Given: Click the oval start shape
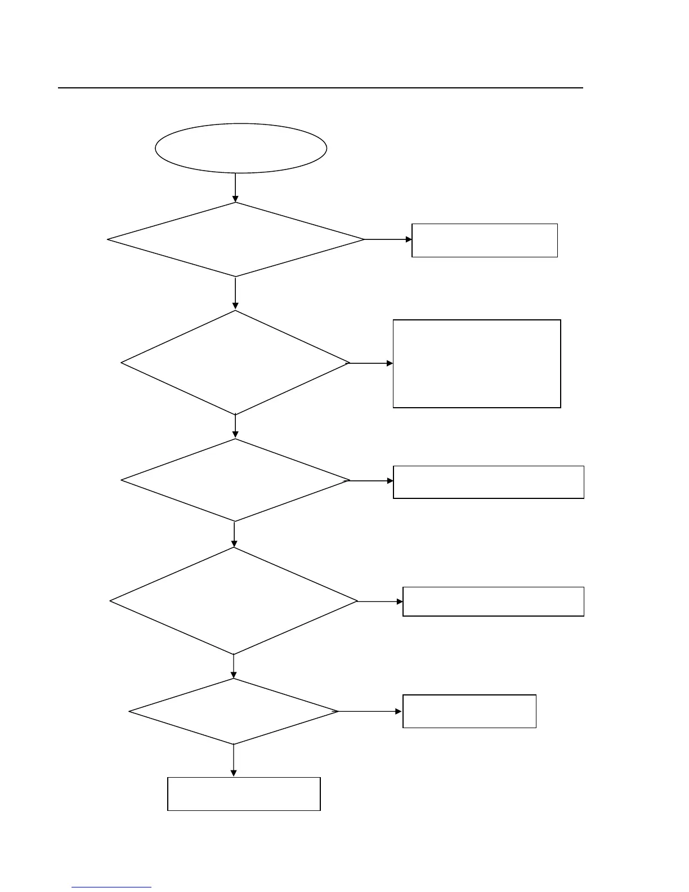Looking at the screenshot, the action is tap(241, 148).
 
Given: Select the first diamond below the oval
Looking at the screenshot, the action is tap(235, 240).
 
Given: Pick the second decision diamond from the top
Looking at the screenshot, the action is tap(235, 363).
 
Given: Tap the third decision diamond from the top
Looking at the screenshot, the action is tap(235, 480).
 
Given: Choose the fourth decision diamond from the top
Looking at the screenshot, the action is tap(234, 601).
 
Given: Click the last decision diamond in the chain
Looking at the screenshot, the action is tap(234, 712).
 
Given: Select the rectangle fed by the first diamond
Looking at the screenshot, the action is tap(485, 240).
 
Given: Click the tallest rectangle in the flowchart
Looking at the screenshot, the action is tap(477, 364).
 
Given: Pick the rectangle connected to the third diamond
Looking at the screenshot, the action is tap(488, 482).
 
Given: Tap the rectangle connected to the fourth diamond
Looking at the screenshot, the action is tap(493, 601).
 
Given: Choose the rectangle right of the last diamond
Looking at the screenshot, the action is tap(469, 711).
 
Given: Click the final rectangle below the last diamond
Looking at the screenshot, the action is tap(244, 794).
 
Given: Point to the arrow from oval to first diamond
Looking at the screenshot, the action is tap(235, 188).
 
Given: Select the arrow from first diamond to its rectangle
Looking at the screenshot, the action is tap(388, 239).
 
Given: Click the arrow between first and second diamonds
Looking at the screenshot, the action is tap(235, 293).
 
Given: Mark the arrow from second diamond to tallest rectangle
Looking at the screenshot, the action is tap(371, 364).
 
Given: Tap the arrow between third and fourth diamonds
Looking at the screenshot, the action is tap(234, 534).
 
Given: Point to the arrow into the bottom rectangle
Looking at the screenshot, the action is tap(234, 761).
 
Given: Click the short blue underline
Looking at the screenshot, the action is tap(111, 887).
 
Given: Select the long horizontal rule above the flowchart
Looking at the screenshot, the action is tap(320, 88).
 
